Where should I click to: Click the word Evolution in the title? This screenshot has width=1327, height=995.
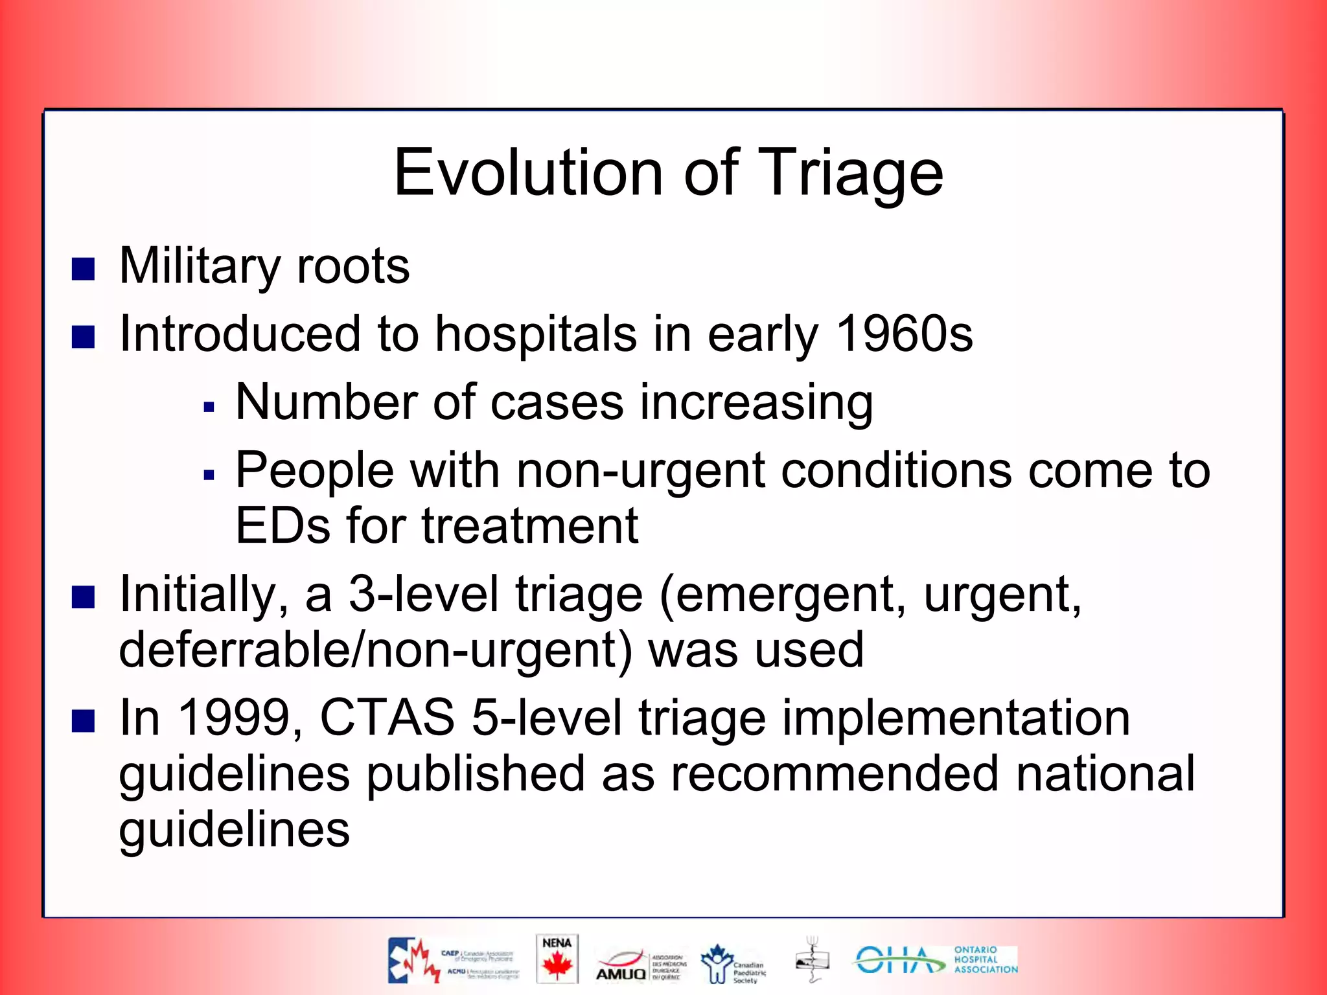(528, 173)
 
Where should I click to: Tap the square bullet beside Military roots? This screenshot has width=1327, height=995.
(83, 269)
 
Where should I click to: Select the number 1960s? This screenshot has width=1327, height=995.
(904, 334)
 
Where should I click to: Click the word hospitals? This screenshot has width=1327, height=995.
(536, 334)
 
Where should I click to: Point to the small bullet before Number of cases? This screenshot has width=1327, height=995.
(209, 407)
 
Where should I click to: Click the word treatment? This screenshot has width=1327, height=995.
(530, 526)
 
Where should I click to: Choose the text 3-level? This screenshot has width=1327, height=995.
(423, 595)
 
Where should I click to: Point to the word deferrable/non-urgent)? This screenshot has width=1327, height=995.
(375, 650)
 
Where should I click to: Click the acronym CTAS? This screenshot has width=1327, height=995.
(387, 718)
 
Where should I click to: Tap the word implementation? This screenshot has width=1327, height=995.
(956, 718)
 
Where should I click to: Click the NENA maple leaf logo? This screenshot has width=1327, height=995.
(557, 959)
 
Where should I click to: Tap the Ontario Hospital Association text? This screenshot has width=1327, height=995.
(985, 959)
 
